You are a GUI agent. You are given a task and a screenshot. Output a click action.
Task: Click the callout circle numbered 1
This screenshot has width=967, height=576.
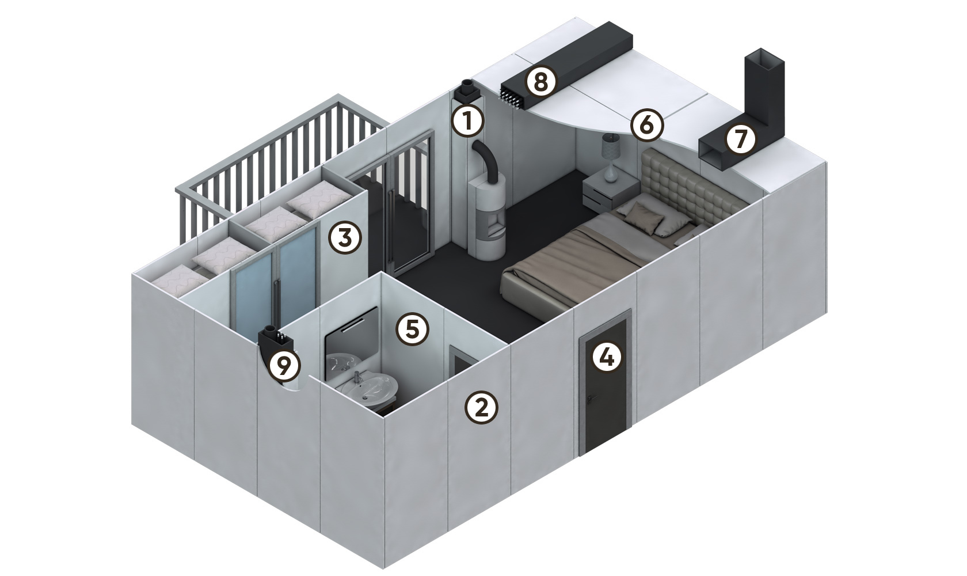point(468,122)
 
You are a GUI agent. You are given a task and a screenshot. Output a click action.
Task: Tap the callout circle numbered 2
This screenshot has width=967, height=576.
point(481,407)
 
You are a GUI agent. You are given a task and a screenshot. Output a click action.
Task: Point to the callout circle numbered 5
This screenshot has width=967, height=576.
point(413,329)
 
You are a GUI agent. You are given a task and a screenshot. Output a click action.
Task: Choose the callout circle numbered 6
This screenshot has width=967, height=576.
point(647,125)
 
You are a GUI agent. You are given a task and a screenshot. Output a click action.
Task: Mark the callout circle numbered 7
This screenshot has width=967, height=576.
point(741,139)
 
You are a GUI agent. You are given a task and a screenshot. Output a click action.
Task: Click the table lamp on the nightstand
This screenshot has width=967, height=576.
point(611,157)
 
